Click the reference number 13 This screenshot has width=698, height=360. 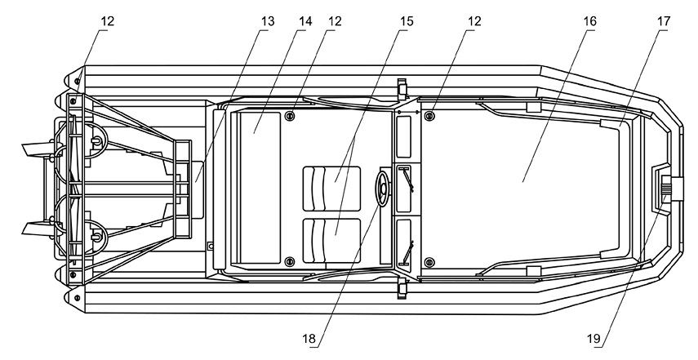pyautogui.click(x=267, y=21)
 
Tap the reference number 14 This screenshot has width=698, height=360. pyautogui.click(x=305, y=21)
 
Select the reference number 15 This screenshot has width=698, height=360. pyautogui.click(x=406, y=21)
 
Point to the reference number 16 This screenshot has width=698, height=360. pyautogui.click(x=589, y=21)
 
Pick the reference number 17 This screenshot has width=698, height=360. pyautogui.click(x=662, y=21)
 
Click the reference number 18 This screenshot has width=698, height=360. pyautogui.click(x=309, y=339)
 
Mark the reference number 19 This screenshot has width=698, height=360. pyautogui.click(x=594, y=339)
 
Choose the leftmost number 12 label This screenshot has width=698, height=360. pyautogui.click(x=107, y=21)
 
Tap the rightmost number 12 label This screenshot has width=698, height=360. pyautogui.click(x=474, y=21)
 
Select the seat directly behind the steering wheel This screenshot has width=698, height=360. pyautogui.click(x=331, y=189)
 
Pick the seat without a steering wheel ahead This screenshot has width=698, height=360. pyautogui.click(x=331, y=240)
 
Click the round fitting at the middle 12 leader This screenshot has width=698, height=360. pyautogui.click(x=291, y=116)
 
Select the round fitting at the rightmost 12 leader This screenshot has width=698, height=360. pyautogui.click(x=429, y=116)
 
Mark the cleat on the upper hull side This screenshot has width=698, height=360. pyautogui.click(x=402, y=88)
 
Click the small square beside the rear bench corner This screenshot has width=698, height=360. pyautogui.click(x=211, y=246)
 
